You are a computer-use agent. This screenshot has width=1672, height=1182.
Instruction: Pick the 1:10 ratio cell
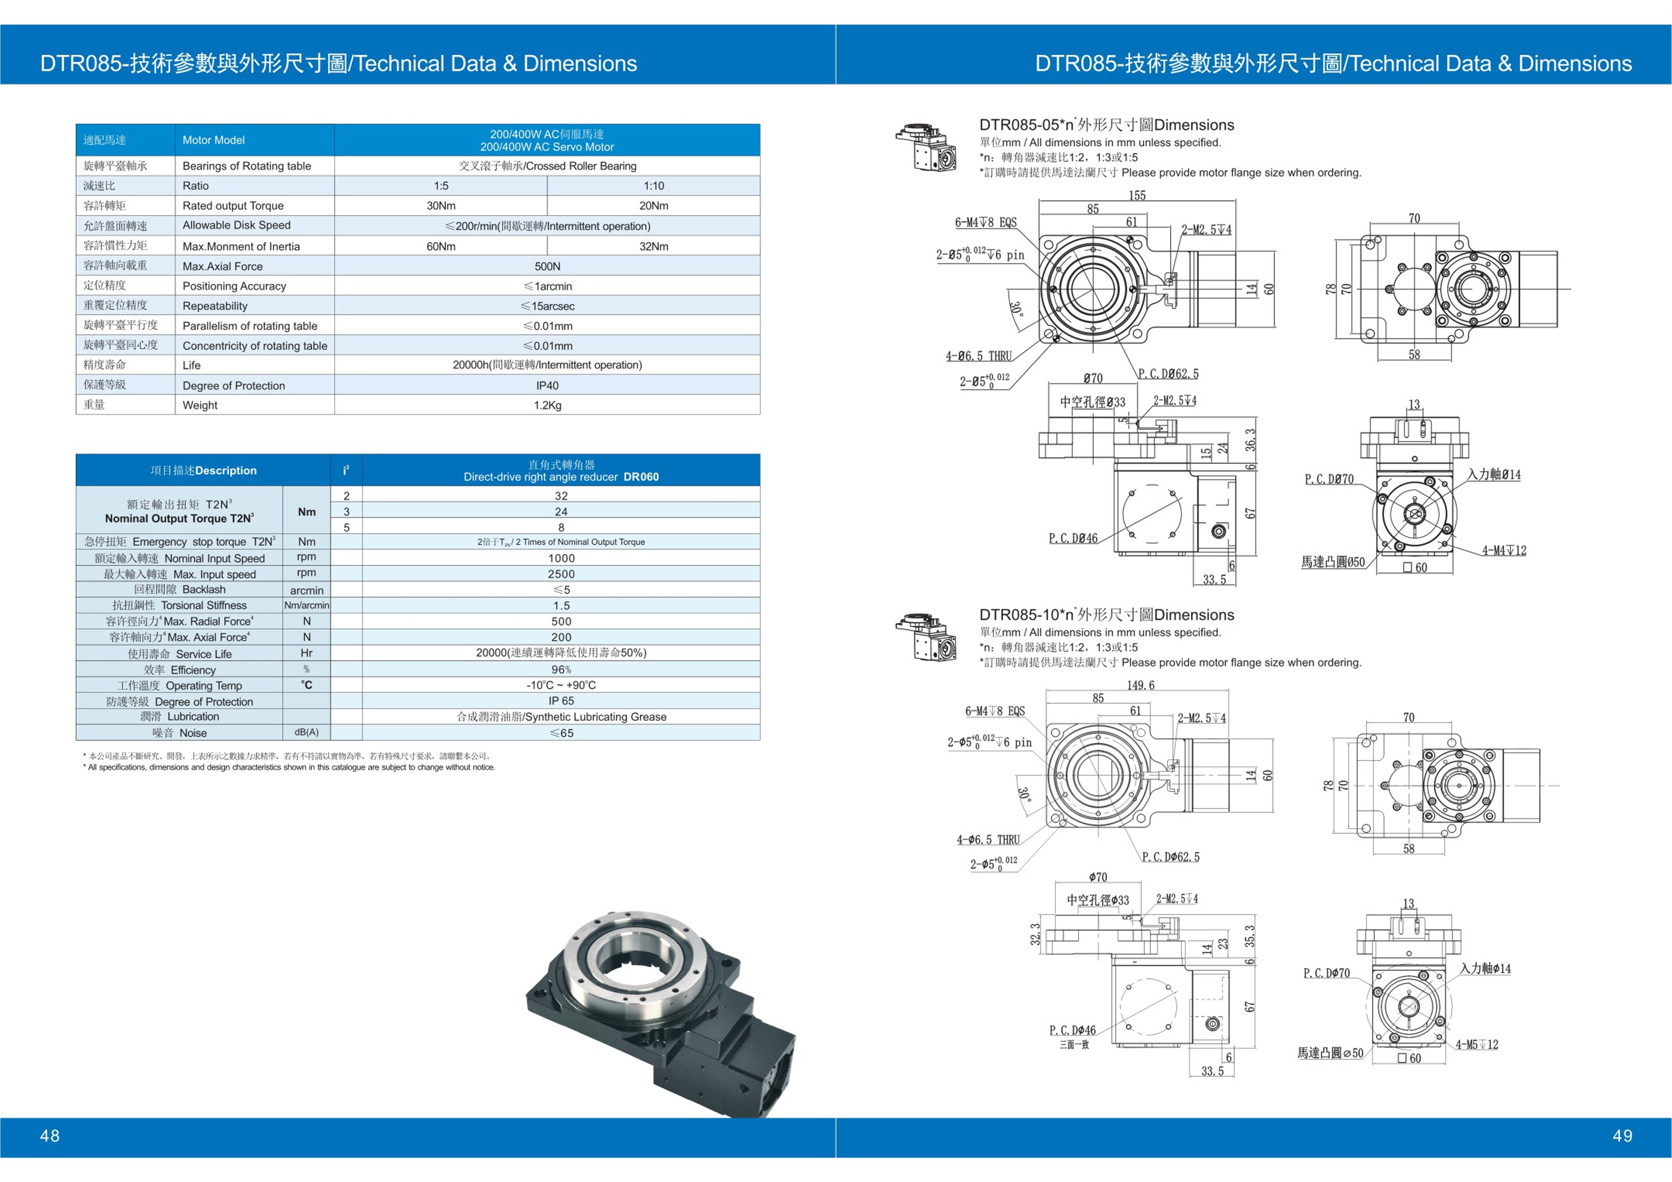(x=653, y=186)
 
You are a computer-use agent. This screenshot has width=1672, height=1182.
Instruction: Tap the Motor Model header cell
(x=214, y=140)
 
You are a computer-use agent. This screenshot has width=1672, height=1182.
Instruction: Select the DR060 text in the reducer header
(x=641, y=477)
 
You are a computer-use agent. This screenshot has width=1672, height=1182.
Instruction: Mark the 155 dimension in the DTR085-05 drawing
(x=1137, y=195)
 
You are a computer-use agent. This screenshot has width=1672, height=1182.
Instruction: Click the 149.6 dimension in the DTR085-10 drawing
(x=1141, y=685)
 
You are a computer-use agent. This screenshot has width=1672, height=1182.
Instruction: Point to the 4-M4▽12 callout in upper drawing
(x=1504, y=550)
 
